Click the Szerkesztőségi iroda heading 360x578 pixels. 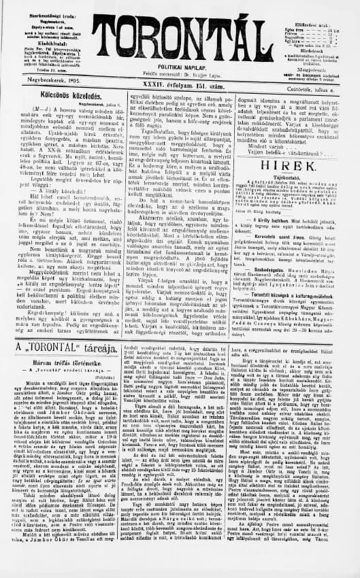tap(39, 7)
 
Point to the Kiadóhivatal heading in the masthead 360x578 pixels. tap(38, 40)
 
